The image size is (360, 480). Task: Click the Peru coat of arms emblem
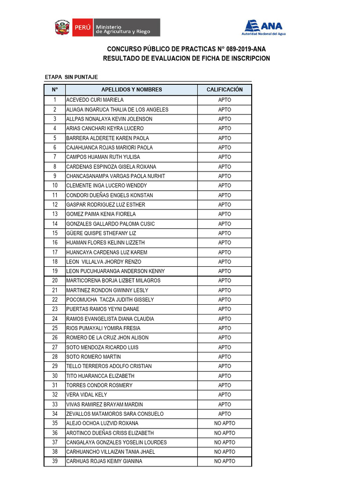tap(62, 28)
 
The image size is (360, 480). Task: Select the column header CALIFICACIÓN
tap(225, 90)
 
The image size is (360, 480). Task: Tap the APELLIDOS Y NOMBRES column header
tap(131, 90)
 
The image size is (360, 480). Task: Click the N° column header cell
tap(55, 90)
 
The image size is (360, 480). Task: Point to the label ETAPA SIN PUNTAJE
tap(71, 77)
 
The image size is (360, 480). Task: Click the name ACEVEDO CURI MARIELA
tap(95, 100)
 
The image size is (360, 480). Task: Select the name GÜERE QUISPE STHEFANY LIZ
tap(101, 233)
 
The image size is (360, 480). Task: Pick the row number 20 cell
tap(55, 281)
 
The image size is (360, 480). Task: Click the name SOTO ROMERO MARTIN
tap(93, 357)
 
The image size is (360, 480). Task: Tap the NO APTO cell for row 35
tap(225, 424)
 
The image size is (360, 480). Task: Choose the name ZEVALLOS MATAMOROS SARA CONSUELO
tap(115, 414)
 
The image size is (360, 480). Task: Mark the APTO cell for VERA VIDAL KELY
tap(225, 395)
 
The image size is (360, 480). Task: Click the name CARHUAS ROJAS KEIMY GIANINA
tap(104, 462)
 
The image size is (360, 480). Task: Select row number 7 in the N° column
tap(55, 157)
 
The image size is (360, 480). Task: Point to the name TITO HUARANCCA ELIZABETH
tap(100, 376)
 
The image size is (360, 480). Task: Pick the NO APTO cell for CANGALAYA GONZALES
tap(225, 442)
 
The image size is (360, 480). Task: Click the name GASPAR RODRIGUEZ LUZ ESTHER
tap(105, 205)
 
